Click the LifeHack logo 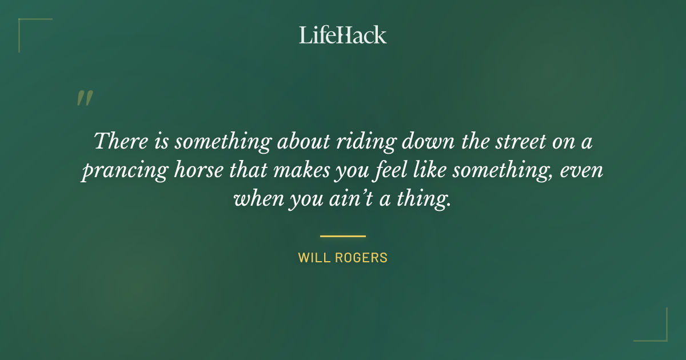pos(342,35)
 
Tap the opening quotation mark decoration pos(85,98)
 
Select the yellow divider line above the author pos(342,235)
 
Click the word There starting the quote pos(119,141)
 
